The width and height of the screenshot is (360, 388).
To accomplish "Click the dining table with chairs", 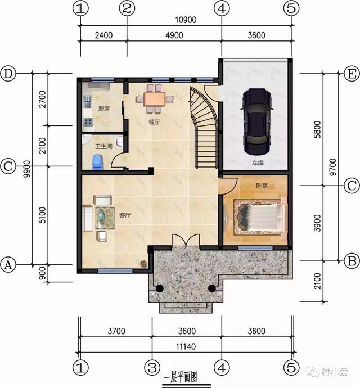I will pos(154,98).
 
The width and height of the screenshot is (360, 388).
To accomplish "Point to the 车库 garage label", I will pos(258,163).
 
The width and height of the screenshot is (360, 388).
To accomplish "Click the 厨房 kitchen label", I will pos(104,109).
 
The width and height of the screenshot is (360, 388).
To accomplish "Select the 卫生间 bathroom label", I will pos(103,147).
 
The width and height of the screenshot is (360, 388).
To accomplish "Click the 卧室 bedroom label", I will pos(262,185).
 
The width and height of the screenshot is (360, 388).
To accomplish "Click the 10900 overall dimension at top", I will pos(186,20).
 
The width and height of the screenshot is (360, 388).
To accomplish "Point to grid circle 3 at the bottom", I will pos(152,367).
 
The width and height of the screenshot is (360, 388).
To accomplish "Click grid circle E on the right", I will pos(350,74).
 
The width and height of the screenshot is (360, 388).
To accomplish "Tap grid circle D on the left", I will pos(8,74).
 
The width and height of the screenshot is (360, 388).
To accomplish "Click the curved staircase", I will pos(204,127).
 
